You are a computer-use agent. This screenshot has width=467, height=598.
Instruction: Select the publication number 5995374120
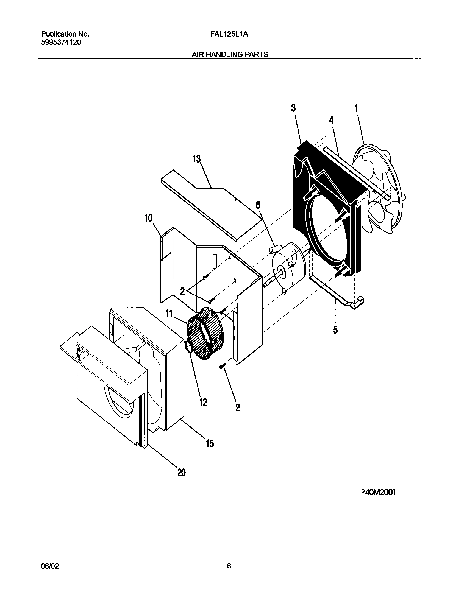[61, 43]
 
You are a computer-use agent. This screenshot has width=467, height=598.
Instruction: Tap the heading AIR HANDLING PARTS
[230, 55]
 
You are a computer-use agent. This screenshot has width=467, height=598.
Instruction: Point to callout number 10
[148, 218]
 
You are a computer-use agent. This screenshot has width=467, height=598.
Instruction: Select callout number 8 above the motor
[258, 205]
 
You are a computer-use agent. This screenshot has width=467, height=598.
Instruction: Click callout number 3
[293, 108]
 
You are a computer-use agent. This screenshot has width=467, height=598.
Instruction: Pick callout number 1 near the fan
[356, 108]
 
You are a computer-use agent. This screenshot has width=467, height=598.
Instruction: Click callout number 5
[335, 330]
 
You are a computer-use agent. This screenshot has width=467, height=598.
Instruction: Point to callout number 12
[203, 402]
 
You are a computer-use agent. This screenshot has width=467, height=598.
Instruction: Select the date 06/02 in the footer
[50, 566]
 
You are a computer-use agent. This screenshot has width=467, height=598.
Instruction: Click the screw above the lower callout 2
[222, 366]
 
